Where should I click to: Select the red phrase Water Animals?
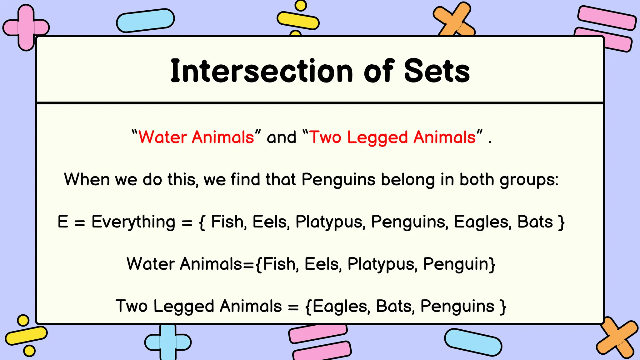point(196,137)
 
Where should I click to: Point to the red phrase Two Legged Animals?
point(392,137)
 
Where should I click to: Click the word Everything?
point(133,222)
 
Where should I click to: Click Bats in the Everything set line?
point(535,222)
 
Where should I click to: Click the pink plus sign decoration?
point(26,27)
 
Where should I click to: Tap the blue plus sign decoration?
point(168,342)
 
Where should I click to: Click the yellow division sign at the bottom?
point(26,335)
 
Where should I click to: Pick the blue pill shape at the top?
point(145,21)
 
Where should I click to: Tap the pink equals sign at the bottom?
point(319,342)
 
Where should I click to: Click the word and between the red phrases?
point(281,137)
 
